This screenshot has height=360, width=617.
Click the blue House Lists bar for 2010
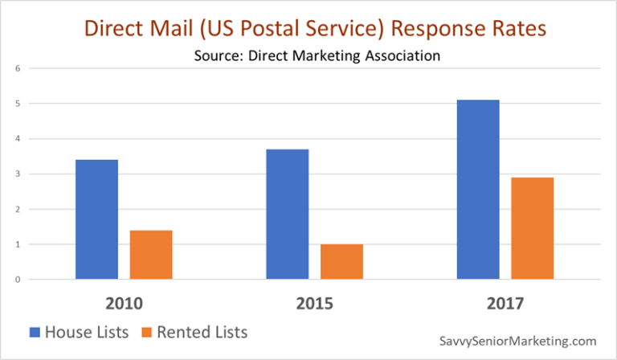click(96, 219)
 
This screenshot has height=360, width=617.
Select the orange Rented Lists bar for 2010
click(151, 255)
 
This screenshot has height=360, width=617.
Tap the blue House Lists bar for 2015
click(287, 215)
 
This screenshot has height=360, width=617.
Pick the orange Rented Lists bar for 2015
click(341, 262)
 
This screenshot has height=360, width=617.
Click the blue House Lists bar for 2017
click(477, 190)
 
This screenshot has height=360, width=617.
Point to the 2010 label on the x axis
click(124, 304)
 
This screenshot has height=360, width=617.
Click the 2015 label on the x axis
click(313, 304)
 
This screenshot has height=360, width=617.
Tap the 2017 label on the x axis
click(504, 304)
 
